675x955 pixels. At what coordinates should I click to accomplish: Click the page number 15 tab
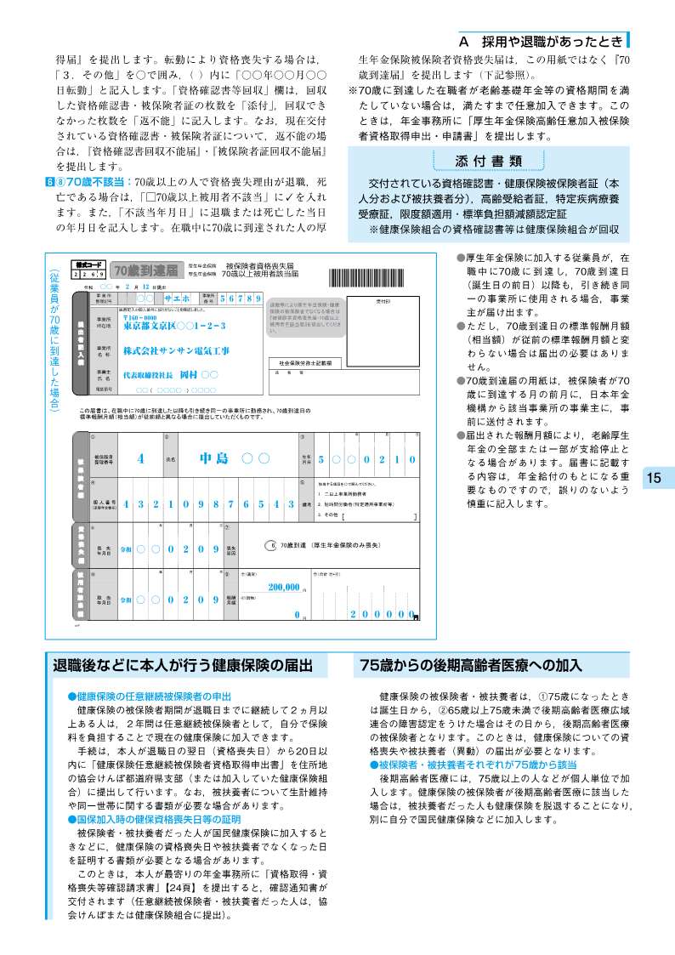click(x=654, y=478)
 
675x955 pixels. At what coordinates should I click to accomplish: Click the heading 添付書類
click(x=489, y=162)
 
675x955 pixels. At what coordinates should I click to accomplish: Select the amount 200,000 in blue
click(x=284, y=587)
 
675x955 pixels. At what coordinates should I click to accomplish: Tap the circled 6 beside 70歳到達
click(x=272, y=544)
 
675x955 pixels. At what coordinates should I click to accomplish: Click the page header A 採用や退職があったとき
click(x=541, y=41)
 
